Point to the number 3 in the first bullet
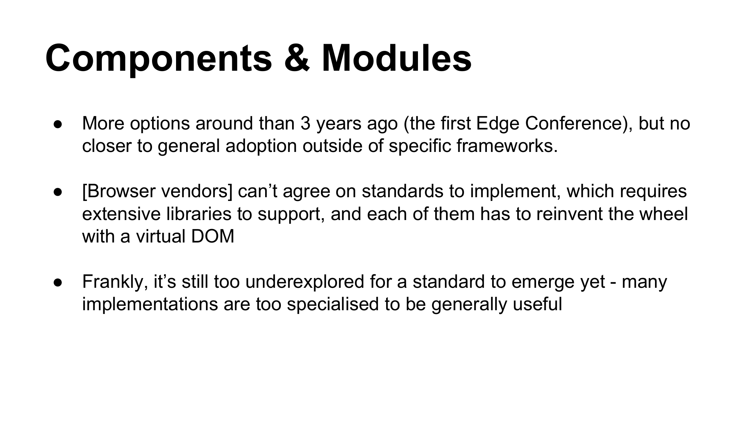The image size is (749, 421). tap(305, 123)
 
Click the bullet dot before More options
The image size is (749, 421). tap(58, 124)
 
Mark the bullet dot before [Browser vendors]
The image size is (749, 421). tap(58, 192)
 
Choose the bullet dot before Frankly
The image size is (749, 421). tap(58, 282)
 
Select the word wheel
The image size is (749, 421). tap(664, 214)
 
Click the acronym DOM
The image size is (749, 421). tap(212, 237)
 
